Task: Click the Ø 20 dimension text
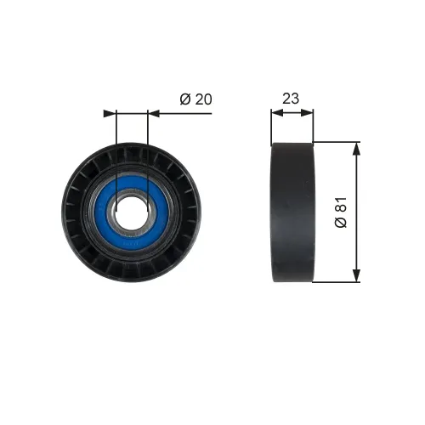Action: point(195,99)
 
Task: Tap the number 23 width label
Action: point(291,99)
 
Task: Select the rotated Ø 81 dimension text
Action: point(340,212)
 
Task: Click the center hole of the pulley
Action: point(131,212)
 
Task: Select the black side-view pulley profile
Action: point(292,212)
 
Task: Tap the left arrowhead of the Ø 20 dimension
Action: point(108,112)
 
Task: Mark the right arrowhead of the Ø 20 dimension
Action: point(153,112)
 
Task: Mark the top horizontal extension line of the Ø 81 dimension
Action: point(336,142)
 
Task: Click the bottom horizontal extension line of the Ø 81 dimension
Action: point(336,282)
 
